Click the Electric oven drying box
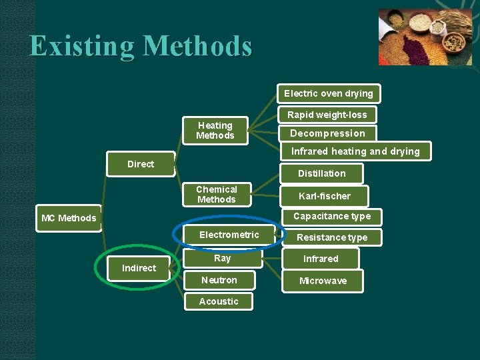(328, 93)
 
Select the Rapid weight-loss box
(327, 115)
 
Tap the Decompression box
(327, 133)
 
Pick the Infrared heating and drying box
(355, 151)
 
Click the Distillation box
(321, 173)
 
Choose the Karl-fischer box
(324, 196)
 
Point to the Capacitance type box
(331, 216)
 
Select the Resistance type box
(331, 237)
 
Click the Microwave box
(323, 281)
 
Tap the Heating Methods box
(215, 130)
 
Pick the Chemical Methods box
(216, 194)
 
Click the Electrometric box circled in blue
(229, 235)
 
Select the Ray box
(222, 259)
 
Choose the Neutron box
(219, 280)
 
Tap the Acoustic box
(218, 301)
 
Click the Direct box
(140, 164)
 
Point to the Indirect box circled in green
(139, 268)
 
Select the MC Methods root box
(68, 218)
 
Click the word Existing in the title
(81, 46)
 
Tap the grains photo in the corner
(425, 37)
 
